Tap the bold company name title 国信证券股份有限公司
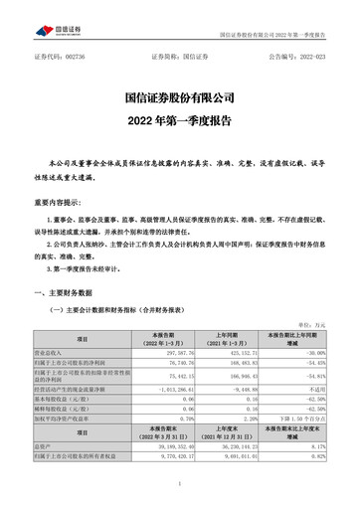coord(179,99)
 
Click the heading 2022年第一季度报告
coord(179,123)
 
